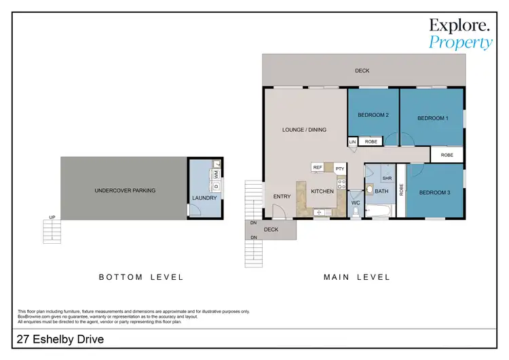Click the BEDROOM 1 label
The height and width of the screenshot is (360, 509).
pos(432,118)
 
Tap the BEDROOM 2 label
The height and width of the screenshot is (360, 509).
pos(373,115)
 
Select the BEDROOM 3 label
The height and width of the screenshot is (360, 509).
pos(434,192)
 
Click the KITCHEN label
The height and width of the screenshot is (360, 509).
pos(322,192)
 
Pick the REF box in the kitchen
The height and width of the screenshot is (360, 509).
pos(317,166)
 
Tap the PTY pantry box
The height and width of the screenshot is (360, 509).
pos(339,167)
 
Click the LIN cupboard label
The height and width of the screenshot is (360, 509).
pos(352,142)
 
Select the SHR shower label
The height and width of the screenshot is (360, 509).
pos(387,179)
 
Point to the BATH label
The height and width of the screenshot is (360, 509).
pos(381,192)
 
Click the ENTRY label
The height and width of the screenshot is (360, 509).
pos(282,196)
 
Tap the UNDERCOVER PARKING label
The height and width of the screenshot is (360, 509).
pos(125,191)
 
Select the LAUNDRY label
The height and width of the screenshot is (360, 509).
pos(204,198)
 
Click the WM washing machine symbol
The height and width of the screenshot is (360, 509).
pos(215,175)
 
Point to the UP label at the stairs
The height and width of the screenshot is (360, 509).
pos(52,218)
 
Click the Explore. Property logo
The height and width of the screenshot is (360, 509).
pos(460,33)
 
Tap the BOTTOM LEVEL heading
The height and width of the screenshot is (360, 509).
pos(141,277)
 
